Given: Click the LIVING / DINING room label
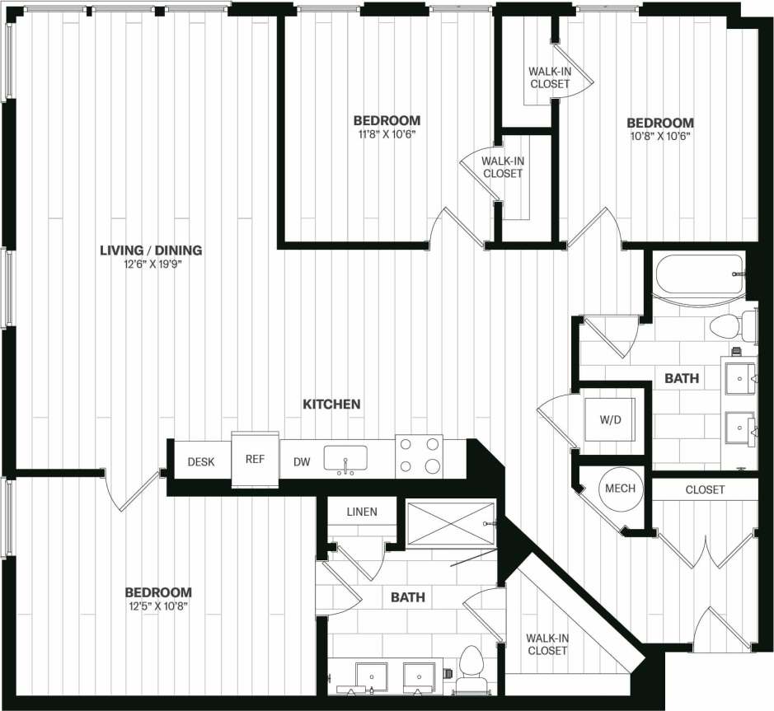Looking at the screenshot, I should pos(151,250).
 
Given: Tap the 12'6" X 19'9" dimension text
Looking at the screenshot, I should pos(151,264).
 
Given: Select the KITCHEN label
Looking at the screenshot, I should pos(331,404).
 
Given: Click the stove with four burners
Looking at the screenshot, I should pos(419,456).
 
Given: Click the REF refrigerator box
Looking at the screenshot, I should pos(255,459).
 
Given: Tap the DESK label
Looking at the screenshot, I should pos(201,462).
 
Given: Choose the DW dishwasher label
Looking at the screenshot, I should pos(302,462).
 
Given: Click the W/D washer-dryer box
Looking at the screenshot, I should pos(611,420).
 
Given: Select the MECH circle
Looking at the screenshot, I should pos(620,489).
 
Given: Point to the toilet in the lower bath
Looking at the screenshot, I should pos(472,664).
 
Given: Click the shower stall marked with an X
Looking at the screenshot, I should pos(450,523).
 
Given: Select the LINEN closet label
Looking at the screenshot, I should pos(361,512).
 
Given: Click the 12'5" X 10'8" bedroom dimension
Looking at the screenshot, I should pos(158,606).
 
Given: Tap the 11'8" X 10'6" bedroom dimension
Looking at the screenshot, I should pos(387,134).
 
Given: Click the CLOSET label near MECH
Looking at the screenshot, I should pos(705,489).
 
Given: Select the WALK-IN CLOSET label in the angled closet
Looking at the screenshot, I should pos(547,644).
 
